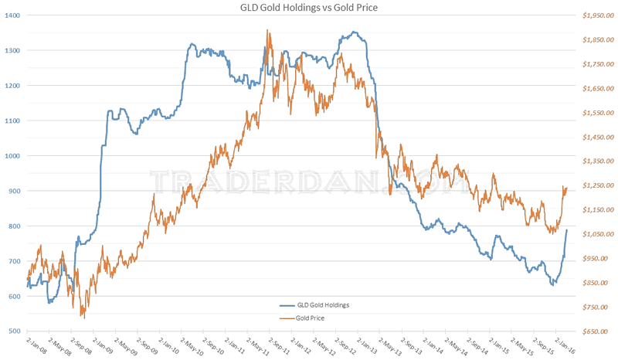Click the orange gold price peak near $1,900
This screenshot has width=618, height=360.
267,31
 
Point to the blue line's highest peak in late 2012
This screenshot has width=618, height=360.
353,32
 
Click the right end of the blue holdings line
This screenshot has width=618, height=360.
566,230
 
